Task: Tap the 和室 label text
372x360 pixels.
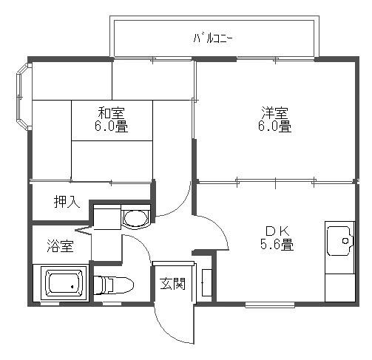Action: (x=111, y=112)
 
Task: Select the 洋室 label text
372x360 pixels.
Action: (x=274, y=112)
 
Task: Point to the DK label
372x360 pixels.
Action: (x=276, y=229)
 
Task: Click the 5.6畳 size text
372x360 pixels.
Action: (x=276, y=243)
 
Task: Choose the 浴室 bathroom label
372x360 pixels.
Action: (x=61, y=246)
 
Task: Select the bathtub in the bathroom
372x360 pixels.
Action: (x=64, y=285)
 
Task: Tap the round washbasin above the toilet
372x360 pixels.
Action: (x=135, y=217)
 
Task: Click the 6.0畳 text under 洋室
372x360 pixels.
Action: (x=274, y=126)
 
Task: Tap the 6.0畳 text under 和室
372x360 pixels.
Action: (x=111, y=126)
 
